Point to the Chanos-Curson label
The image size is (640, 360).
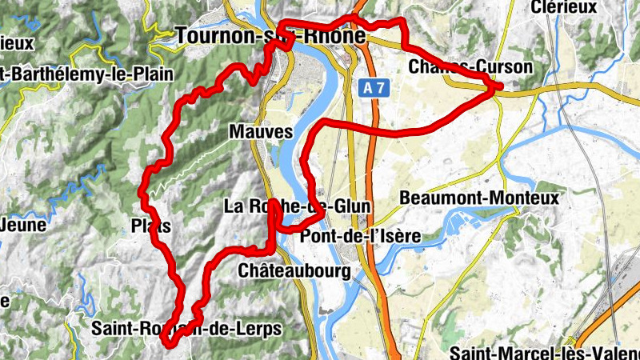pos(469,67)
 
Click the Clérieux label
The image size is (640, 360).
pos(564,7)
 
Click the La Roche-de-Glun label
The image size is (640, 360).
pos(297,207)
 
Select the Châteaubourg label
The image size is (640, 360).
pos(294,272)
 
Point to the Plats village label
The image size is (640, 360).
pos(150,226)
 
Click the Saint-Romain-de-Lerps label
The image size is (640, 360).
pos(186,329)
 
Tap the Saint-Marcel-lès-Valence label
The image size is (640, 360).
pos(544,352)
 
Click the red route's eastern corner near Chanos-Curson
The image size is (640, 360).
pos(500,87)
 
